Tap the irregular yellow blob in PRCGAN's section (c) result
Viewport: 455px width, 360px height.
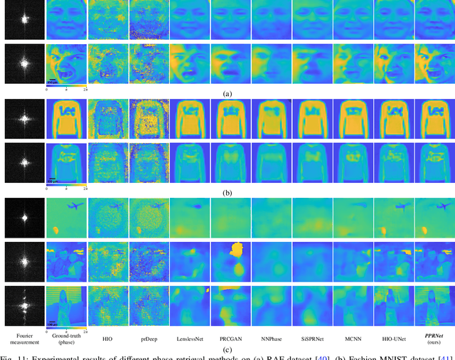point(235,253)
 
